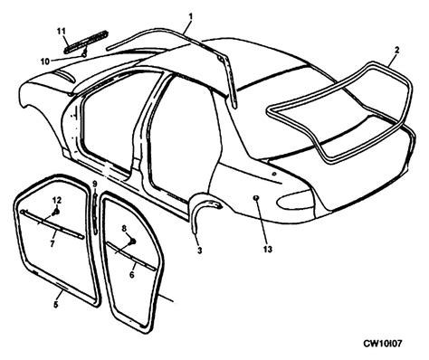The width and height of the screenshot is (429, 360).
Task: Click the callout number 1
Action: click(x=191, y=15)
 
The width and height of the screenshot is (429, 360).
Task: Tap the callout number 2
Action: click(x=396, y=51)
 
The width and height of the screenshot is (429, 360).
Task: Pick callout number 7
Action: click(x=52, y=243)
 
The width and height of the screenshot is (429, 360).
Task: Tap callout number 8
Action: click(x=123, y=229)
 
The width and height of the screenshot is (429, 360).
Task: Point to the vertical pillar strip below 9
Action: click(x=96, y=217)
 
